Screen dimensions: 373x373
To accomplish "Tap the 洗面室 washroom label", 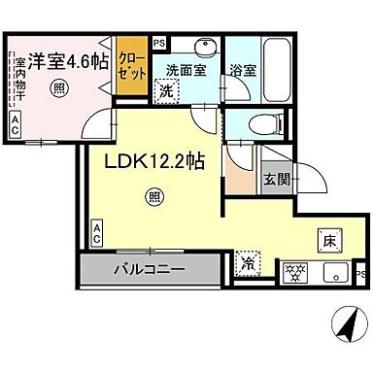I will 185,71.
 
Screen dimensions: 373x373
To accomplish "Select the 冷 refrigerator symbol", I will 246,262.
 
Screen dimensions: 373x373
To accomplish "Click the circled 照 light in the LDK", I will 153,198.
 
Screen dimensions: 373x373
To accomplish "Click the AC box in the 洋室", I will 17,122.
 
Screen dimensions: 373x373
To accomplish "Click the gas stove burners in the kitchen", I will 294,273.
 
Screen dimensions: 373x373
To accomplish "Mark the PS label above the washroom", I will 159,43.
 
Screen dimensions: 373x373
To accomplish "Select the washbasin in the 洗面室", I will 203,50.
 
